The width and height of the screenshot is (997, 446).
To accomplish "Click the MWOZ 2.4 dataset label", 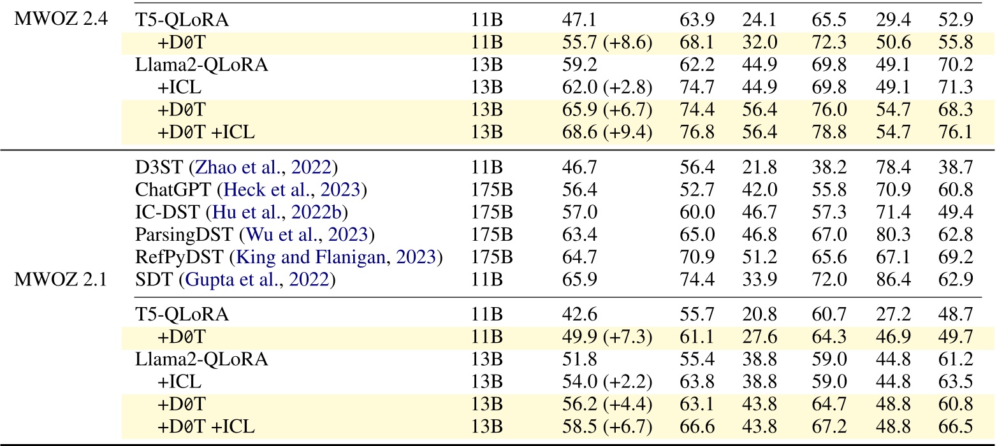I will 61,20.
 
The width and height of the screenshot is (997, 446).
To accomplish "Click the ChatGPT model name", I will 164,191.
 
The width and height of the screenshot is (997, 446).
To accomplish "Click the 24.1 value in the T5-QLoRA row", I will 757,20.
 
